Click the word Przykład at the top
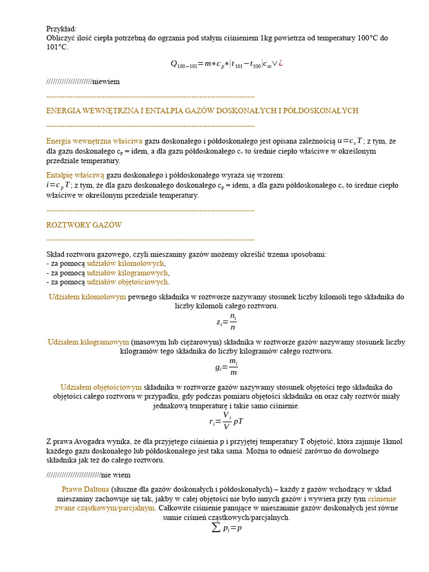click(x=61, y=28)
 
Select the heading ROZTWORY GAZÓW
click(x=84, y=225)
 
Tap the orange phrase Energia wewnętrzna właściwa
click(x=94, y=141)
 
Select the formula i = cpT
click(x=59, y=185)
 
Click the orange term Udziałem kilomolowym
click(x=87, y=297)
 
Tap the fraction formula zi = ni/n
click(x=226, y=322)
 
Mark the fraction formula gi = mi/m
click(x=226, y=367)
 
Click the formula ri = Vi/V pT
click(x=226, y=421)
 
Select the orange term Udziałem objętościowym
click(x=101, y=387)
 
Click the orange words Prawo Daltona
click(x=85, y=489)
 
